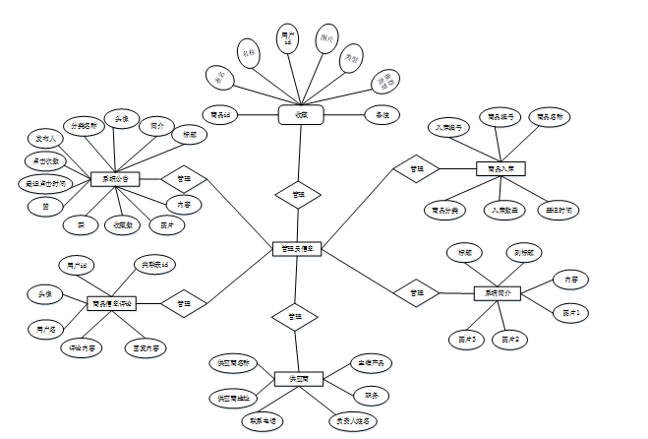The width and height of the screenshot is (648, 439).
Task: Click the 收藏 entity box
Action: [x=301, y=115]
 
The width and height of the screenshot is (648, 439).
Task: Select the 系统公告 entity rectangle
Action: [x=116, y=179]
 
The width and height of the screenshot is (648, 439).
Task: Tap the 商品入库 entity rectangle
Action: [x=501, y=169]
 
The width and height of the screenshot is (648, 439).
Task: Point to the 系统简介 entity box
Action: [x=499, y=293]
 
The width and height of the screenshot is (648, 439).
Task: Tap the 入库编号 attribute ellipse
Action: [x=449, y=128]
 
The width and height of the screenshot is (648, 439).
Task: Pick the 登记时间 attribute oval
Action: [x=561, y=210]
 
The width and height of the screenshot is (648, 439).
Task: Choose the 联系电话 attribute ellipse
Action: [x=262, y=420]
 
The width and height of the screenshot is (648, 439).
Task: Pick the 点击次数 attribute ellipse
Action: [x=42, y=160]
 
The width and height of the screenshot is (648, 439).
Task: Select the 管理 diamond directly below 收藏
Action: [x=298, y=195]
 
